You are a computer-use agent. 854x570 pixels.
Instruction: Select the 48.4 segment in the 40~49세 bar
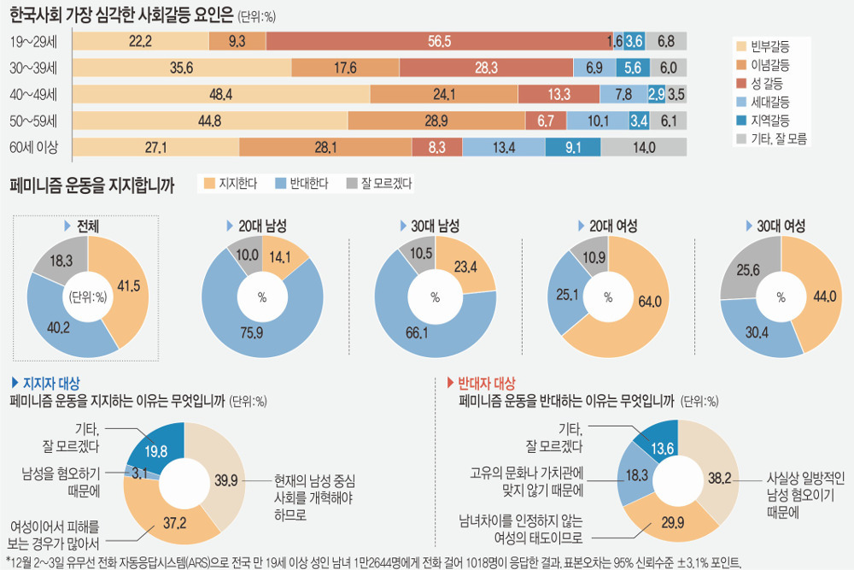pyautogui.click(x=221, y=94)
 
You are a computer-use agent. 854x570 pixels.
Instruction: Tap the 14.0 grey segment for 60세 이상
pyautogui.click(x=645, y=147)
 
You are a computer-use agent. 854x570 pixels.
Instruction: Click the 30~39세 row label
pyautogui.click(x=34, y=68)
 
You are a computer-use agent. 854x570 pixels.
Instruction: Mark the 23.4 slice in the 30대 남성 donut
pyautogui.click(x=465, y=267)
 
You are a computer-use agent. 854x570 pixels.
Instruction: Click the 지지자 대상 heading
pyautogui.click(x=50, y=383)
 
